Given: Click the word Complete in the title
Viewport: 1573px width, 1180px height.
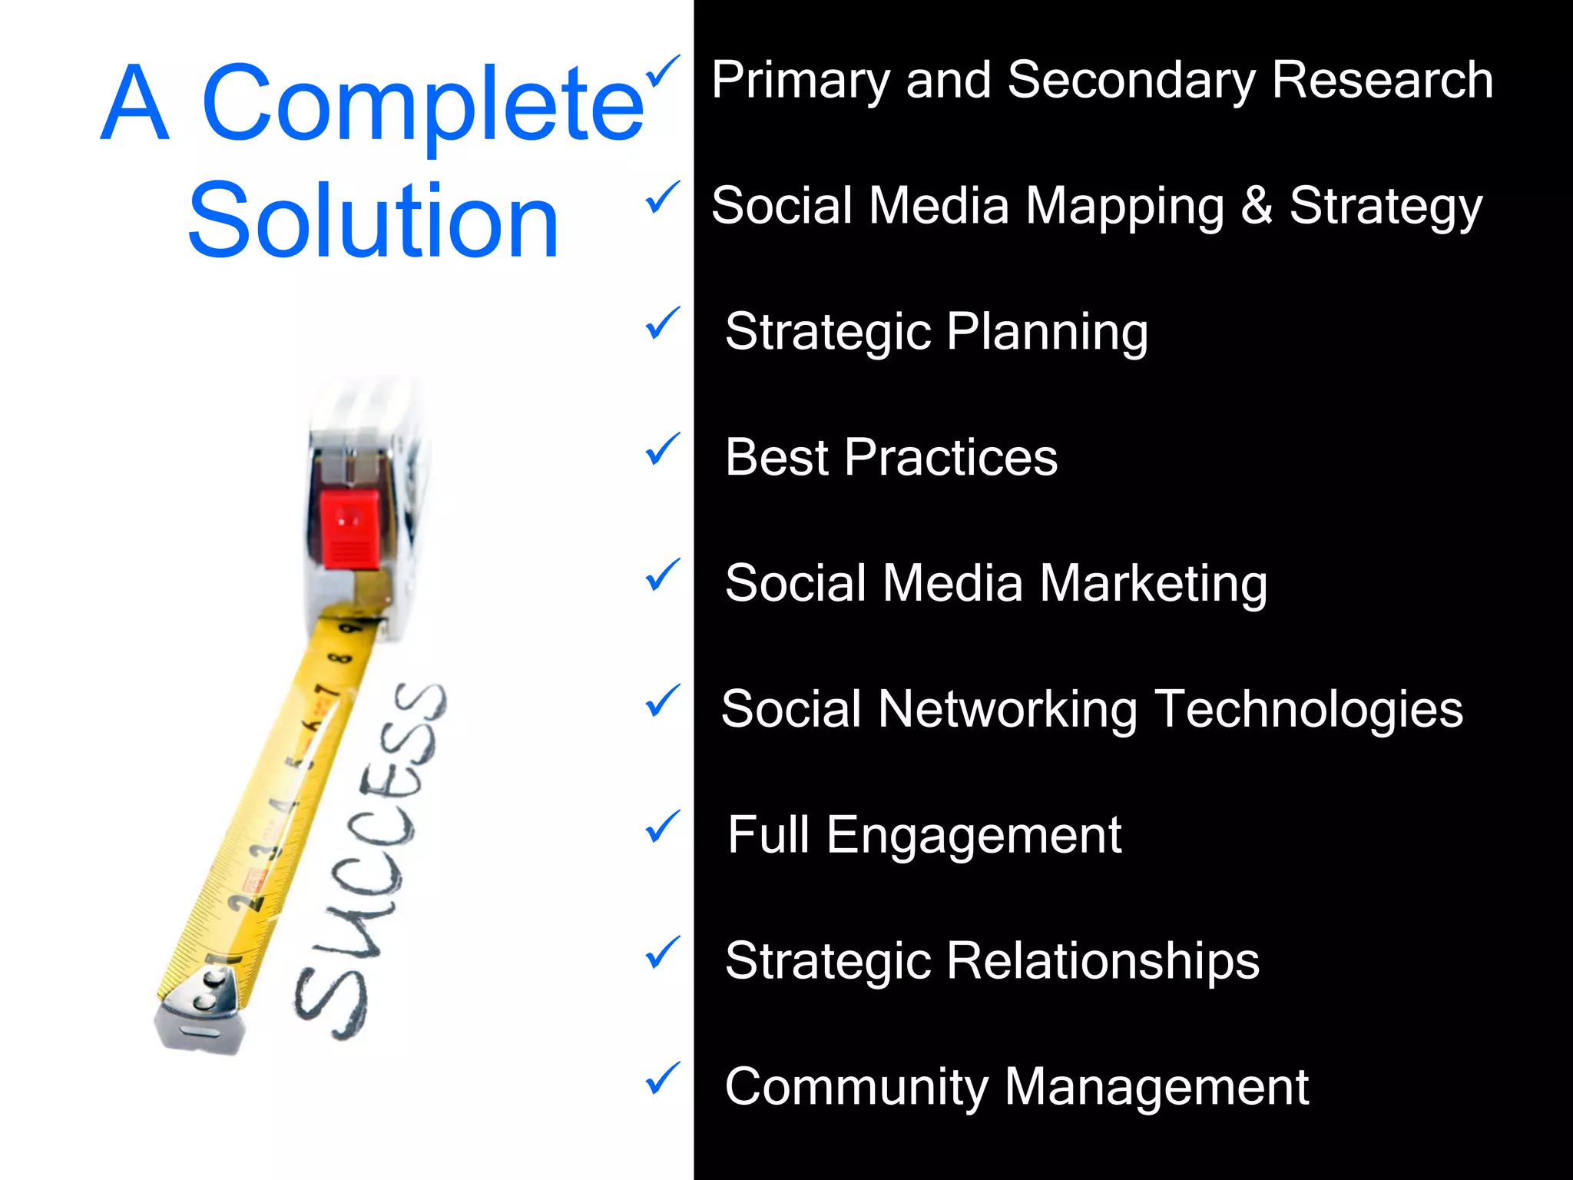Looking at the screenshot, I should click(x=422, y=104).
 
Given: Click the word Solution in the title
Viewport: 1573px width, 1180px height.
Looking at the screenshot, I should click(x=374, y=221).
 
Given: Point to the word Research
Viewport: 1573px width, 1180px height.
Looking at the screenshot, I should click(x=1382, y=80).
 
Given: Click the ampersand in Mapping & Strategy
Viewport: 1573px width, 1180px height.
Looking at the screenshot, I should click(x=1257, y=206).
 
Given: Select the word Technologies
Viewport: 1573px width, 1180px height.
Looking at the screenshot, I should click(x=1309, y=710).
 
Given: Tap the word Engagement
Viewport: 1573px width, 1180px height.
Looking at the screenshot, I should click(x=974, y=836).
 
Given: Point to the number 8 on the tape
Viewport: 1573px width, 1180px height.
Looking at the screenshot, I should click(x=340, y=659).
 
